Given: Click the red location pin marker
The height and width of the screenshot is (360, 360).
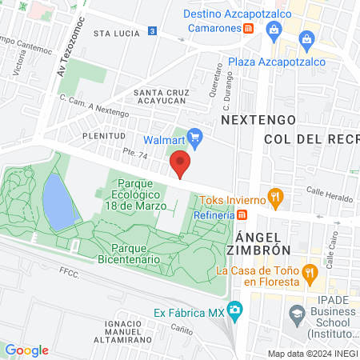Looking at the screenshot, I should point(181,166).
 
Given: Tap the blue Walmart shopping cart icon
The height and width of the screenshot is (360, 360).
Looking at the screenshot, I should point(194,137).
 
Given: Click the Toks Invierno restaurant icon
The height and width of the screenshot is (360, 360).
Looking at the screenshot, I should point(275,195).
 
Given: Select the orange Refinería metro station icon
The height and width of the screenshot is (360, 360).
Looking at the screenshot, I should point(242,214).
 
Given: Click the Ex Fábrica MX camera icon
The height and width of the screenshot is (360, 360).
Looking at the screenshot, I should point(235,310).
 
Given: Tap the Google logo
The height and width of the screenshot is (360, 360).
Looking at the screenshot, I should point(26,350).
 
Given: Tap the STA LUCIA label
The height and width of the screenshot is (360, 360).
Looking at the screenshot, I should point(112,34).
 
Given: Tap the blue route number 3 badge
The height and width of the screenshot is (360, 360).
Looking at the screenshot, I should point(152,30).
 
